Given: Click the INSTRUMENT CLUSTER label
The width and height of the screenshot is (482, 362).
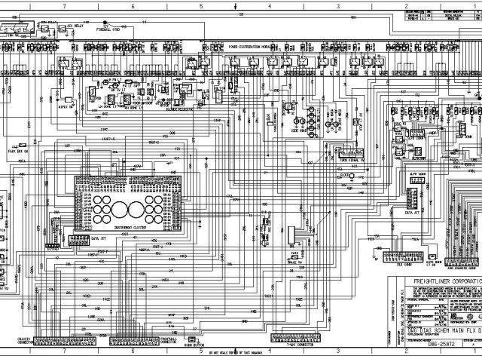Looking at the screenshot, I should pos(129,227).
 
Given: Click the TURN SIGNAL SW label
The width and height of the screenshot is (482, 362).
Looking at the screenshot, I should pos(349,160).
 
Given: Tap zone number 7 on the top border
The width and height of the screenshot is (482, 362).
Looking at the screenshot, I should pos(65,5).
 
